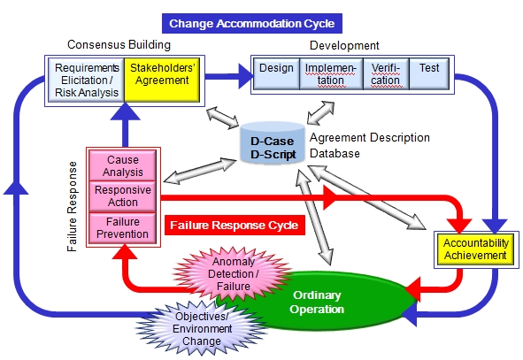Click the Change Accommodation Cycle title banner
point(252,23)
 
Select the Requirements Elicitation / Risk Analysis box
point(87,80)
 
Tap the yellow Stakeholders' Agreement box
point(162,80)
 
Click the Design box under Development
point(276,73)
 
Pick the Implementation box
point(331,73)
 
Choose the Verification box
point(386,73)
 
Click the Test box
point(429,73)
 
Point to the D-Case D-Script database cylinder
point(273,142)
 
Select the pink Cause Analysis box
point(123,165)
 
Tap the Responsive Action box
point(123,196)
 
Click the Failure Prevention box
point(123,228)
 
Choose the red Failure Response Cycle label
point(235,226)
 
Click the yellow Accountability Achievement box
point(476,249)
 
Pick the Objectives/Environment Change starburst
point(202,329)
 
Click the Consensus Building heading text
point(119,44)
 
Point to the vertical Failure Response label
point(72,207)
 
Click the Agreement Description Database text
point(370,145)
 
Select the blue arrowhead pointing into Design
point(246,76)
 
